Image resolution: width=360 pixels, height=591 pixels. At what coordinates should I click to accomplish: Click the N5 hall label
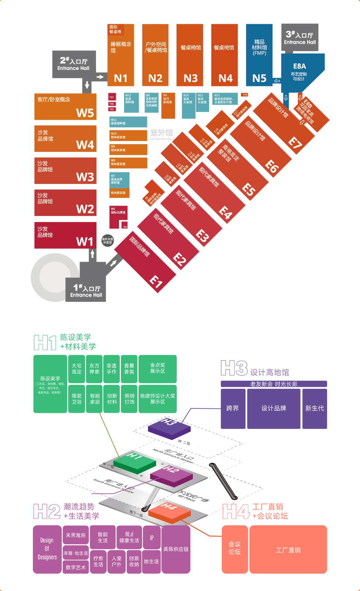259,78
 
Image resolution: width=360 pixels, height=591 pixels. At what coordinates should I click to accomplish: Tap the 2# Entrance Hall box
74,64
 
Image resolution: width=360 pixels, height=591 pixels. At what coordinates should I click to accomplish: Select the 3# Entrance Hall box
300,38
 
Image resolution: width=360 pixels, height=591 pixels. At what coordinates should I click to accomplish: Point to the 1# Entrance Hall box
86,291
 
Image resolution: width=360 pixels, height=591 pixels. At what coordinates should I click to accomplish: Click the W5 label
85,113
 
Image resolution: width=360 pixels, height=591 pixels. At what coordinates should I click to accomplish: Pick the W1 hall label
85,242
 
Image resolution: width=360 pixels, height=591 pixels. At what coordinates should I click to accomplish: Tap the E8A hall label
299,66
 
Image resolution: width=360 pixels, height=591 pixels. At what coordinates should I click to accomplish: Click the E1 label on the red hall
156,282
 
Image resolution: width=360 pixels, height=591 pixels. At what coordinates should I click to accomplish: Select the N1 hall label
120,78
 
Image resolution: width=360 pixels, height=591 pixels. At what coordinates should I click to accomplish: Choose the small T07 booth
112,97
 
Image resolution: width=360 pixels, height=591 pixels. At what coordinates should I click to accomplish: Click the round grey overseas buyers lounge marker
108,240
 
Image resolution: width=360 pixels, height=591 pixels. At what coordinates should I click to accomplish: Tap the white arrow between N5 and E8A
277,81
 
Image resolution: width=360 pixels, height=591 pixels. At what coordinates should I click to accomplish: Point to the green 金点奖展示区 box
157,368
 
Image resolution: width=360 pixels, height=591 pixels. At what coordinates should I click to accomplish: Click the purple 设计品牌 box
273,408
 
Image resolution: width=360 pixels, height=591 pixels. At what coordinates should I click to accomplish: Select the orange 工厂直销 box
288,550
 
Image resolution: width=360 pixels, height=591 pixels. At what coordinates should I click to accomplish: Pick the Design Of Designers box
47,549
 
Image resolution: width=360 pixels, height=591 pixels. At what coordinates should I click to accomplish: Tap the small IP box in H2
152,538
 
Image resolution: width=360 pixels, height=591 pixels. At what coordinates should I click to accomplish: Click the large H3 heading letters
234,368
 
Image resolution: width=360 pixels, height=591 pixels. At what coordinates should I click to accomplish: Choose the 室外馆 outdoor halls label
162,133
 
